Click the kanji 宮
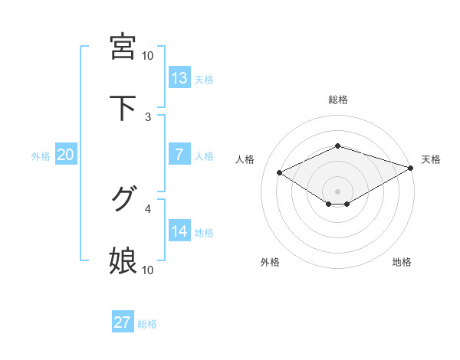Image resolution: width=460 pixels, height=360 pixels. tap(123, 47)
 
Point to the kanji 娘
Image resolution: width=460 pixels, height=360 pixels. tap(123, 260)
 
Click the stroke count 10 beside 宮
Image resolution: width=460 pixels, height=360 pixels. tap(148, 56)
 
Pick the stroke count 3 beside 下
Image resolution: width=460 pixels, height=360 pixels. tap(148, 117)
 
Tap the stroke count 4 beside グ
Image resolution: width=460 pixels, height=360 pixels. tap(148, 208)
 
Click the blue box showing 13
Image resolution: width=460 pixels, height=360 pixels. tap(179, 78)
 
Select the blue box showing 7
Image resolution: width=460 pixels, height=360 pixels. tap(179, 155)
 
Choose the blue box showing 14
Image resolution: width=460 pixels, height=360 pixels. tap(179, 231)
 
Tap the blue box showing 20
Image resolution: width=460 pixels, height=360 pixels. tap(66, 155)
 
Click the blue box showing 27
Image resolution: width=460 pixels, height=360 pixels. tap(123, 322)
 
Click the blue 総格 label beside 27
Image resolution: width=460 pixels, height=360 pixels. tap(147, 324)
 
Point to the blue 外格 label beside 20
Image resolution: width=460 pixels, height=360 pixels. tap(41, 156)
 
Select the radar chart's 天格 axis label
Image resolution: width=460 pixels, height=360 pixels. tap(431, 159)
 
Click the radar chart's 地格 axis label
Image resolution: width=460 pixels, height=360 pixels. tap(402, 262)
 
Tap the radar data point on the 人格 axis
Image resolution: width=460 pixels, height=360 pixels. tap(280, 172)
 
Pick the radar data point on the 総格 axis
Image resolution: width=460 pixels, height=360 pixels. tap(337, 146)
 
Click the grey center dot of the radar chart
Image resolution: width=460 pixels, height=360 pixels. tap(337, 191)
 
